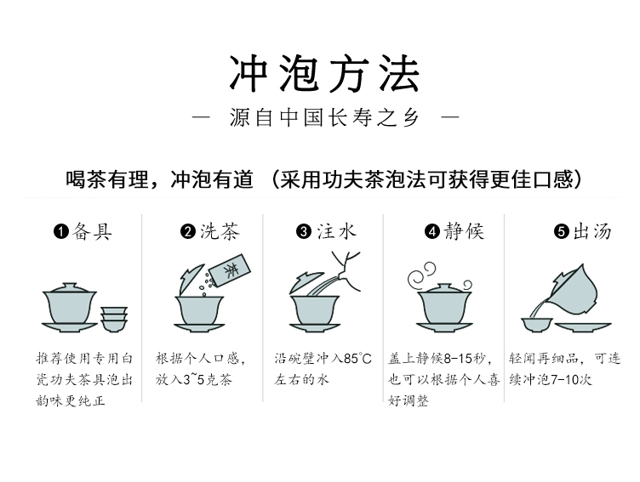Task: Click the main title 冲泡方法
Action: tap(324, 73)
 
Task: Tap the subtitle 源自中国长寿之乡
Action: tap(324, 118)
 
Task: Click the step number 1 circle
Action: tap(60, 231)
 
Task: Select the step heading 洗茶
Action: tap(220, 231)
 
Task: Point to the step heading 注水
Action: tap(337, 231)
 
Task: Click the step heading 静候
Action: tap(464, 231)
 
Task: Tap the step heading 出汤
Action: tap(592, 231)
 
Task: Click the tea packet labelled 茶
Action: tap(230, 270)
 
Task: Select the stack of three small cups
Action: tap(114, 320)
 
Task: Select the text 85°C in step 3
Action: tap(358, 359)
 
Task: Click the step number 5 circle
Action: tap(562, 231)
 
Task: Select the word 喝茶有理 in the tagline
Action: tap(107, 179)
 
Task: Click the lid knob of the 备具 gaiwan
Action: tap(70, 285)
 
